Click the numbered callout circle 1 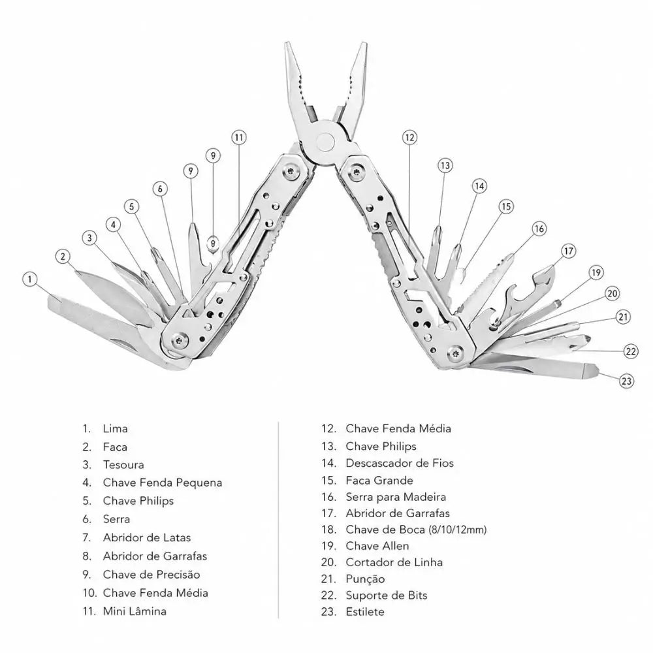click(29, 279)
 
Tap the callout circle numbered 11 click(238, 137)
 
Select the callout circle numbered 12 click(409, 137)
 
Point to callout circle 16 click(539, 229)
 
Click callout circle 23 click(626, 381)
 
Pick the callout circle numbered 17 click(569, 251)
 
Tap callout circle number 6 click(161, 189)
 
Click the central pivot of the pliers click(325, 142)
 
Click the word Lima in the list click(116, 428)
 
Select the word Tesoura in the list click(123, 465)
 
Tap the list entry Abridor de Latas click(146, 537)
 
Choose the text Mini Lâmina click(135, 611)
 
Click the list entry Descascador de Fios click(400, 463)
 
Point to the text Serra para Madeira click(396, 497)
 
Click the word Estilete click(365, 612)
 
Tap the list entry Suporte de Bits click(387, 596)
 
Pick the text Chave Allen click(377, 546)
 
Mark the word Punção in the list click(365, 579)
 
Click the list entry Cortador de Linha click(394, 562)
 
